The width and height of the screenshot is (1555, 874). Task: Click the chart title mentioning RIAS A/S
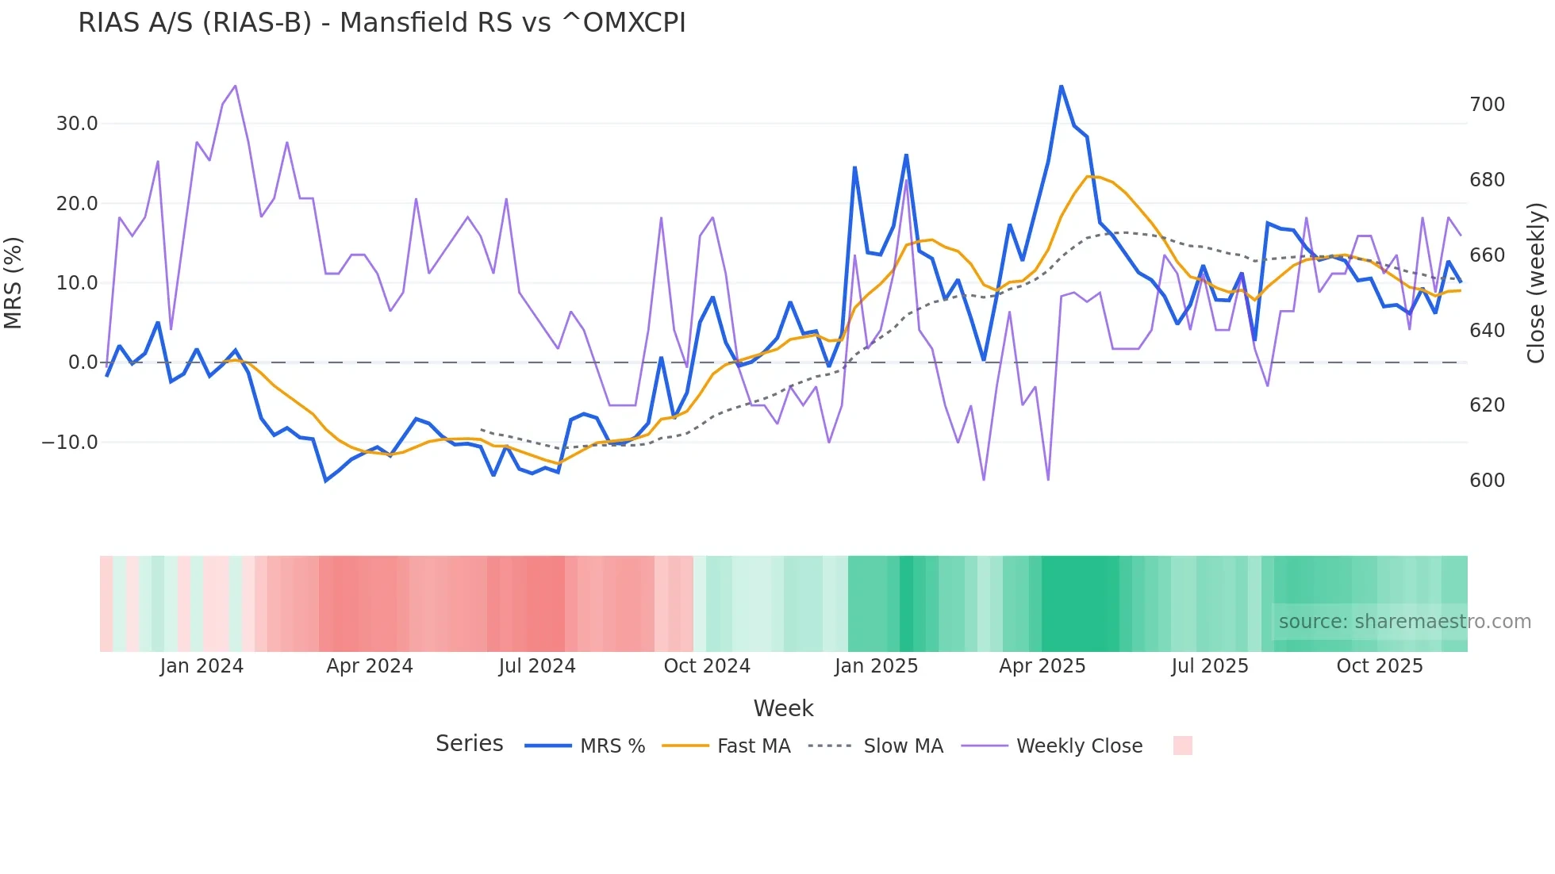(382, 23)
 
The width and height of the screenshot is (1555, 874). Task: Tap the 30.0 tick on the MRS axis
(77, 124)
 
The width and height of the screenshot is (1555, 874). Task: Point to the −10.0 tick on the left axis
(70, 443)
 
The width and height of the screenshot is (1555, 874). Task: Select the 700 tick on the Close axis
(1487, 105)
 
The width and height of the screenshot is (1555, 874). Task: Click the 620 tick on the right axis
(1487, 405)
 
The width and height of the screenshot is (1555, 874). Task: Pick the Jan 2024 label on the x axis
(202, 666)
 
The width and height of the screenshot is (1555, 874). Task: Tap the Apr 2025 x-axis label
(1042, 666)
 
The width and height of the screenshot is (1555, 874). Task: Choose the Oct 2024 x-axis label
(707, 666)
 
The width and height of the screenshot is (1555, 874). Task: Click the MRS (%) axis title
(13, 283)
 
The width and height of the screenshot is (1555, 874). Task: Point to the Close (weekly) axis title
(1536, 283)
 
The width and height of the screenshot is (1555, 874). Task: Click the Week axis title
(783, 708)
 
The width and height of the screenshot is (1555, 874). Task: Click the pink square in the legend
(1182, 746)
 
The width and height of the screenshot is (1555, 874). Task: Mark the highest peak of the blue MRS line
(1061, 86)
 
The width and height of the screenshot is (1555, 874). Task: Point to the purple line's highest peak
(235, 86)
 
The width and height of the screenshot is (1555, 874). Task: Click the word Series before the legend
(469, 744)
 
